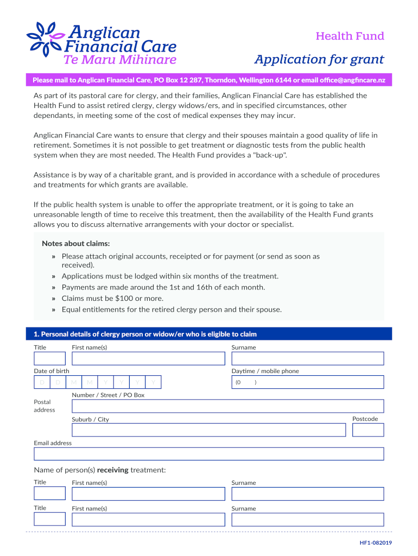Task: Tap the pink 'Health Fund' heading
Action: pos(350,36)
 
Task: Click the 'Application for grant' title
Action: pos(320,59)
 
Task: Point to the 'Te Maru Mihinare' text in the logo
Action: pos(120,60)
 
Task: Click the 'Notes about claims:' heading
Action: pos(75,243)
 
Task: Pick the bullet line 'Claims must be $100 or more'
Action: pos(112,298)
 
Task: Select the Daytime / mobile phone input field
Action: pos(307,382)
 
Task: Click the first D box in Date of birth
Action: pos(42,383)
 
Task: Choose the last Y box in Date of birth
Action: pos(154,383)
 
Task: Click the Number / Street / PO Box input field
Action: pos(227,406)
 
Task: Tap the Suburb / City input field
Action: pos(208,430)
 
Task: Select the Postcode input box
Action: pos(368,430)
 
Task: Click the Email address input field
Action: pos(208,454)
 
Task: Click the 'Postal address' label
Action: pos(45,406)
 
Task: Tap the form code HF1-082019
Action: pos(376,542)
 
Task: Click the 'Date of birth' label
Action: pos(52,371)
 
